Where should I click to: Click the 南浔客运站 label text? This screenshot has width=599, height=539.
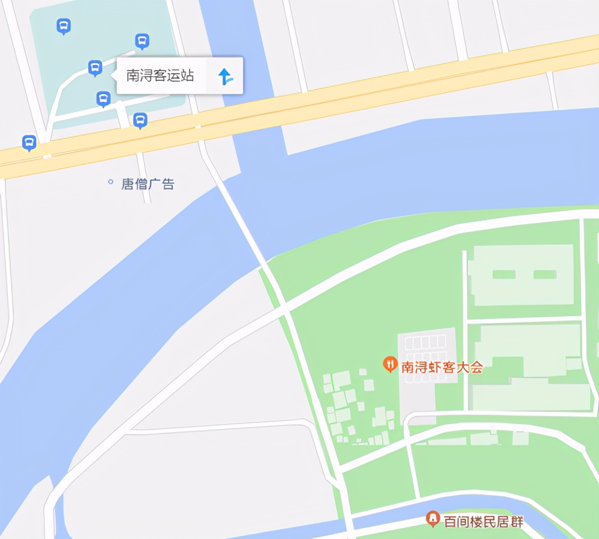pyautogui.click(x=160, y=75)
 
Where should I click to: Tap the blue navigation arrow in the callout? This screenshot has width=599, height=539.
pyautogui.click(x=225, y=76)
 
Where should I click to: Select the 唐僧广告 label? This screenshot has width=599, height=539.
pyautogui.click(x=148, y=184)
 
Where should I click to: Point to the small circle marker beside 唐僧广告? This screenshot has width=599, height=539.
pyautogui.click(x=110, y=182)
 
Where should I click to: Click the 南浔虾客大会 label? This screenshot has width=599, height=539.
pyautogui.click(x=441, y=367)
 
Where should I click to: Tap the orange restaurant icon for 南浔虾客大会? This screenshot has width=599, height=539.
pyautogui.click(x=389, y=363)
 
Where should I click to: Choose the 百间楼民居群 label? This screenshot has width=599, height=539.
pyautogui.click(x=484, y=522)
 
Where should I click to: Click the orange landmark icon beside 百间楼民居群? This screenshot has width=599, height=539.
pyautogui.click(x=432, y=518)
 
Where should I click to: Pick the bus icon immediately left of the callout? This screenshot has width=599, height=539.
pyautogui.click(x=95, y=68)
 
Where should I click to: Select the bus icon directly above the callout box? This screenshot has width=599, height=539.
pyautogui.click(x=142, y=40)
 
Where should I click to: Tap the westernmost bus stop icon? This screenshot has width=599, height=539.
pyautogui.click(x=29, y=142)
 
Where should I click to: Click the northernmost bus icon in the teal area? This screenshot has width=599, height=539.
pyautogui.click(x=64, y=25)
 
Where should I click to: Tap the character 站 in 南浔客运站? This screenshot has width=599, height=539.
pyautogui.click(x=187, y=75)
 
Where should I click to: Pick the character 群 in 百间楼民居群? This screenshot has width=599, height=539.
pyautogui.click(x=517, y=522)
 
